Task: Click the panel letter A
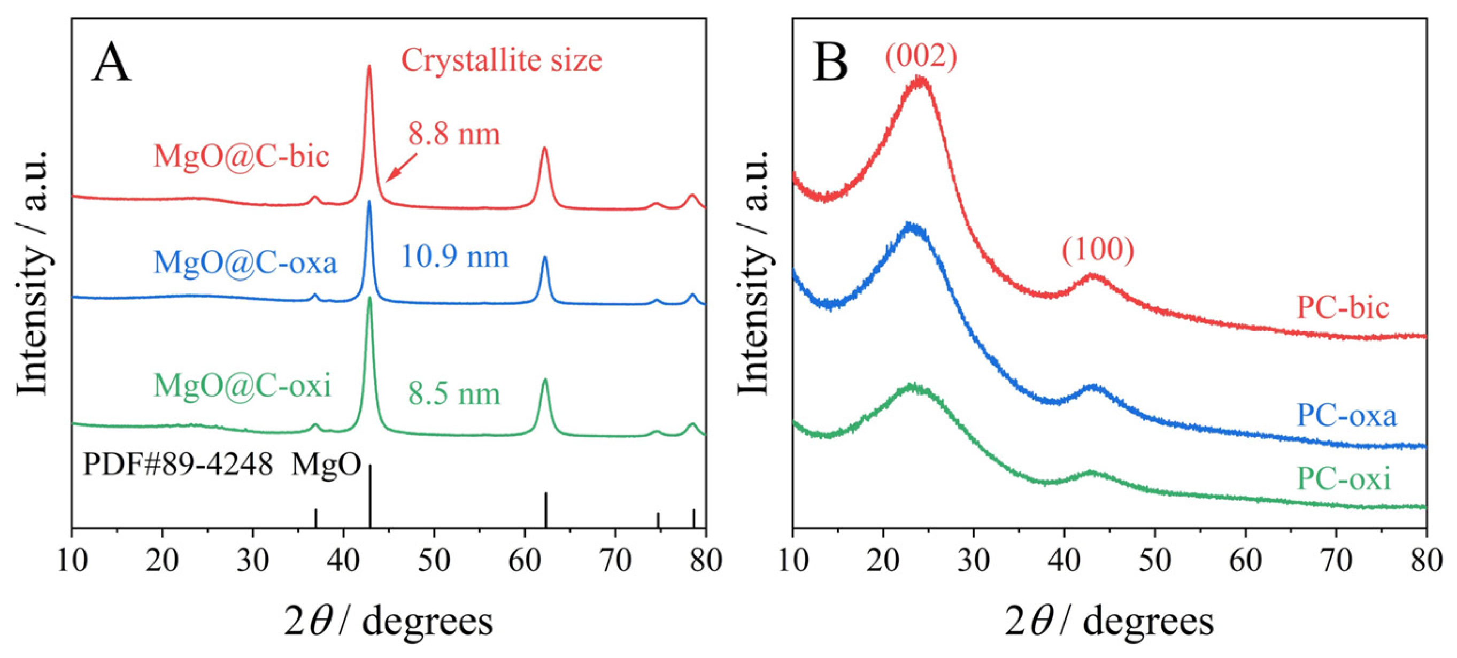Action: pyautogui.click(x=111, y=64)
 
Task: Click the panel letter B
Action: pyautogui.click(x=830, y=64)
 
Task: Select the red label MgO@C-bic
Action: pyautogui.click(x=241, y=156)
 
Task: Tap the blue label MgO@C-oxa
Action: pyautogui.click(x=245, y=262)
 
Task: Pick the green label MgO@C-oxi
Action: pyautogui.click(x=242, y=386)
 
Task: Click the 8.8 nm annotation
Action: pyautogui.click(x=454, y=135)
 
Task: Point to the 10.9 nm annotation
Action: pyautogui.click(x=455, y=257)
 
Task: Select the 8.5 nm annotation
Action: pyautogui.click(x=454, y=394)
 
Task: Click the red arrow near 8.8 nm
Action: pyautogui.click(x=401, y=168)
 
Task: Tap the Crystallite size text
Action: pyautogui.click(x=501, y=60)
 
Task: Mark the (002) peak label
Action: pyautogui.click(x=921, y=57)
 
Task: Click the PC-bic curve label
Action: pyautogui.click(x=1343, y=308)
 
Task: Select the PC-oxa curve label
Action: pyautogui.click(x=1346, y=415)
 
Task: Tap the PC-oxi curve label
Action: pyautogui.click(x=1343, y=479)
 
